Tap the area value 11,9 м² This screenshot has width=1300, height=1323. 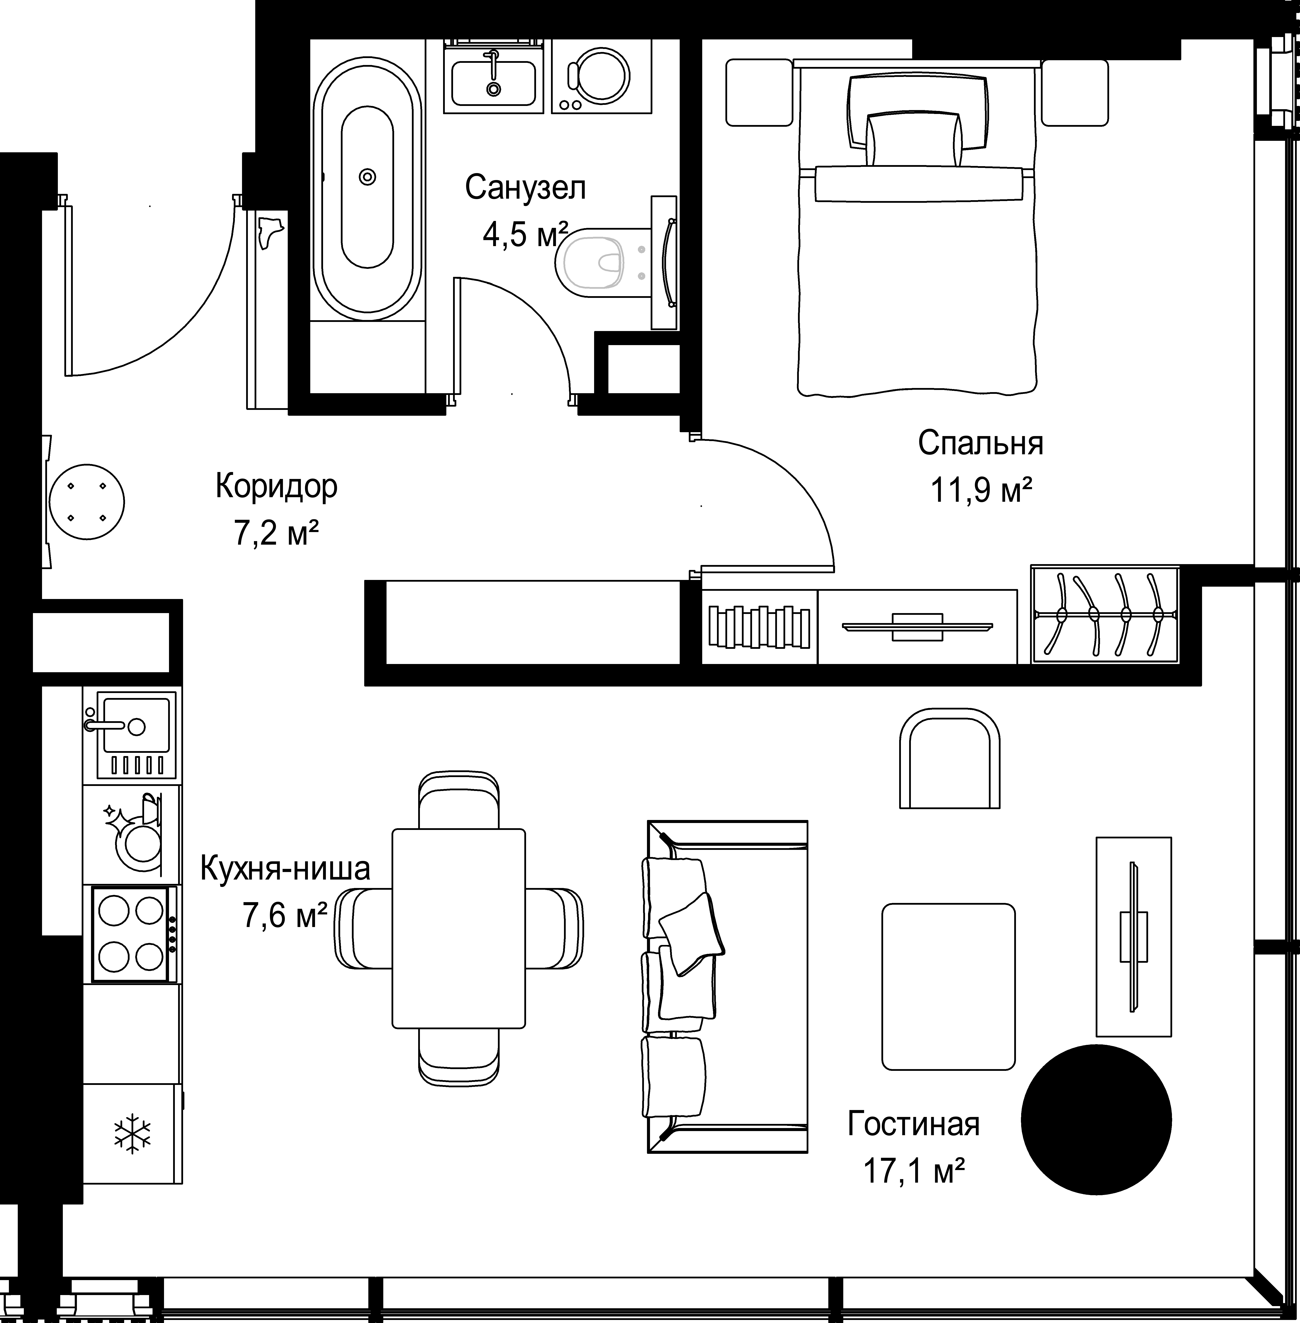980,489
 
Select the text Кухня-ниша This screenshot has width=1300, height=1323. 285,869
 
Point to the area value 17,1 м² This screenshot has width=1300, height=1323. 913,1171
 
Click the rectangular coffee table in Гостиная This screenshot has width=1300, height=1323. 948,986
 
